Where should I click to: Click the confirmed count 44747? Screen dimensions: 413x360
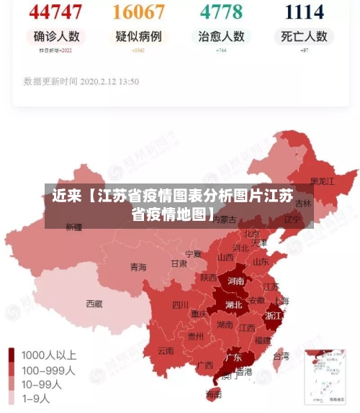56,12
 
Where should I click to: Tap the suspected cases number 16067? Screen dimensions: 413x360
138,12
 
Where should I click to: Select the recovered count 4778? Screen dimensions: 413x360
221,12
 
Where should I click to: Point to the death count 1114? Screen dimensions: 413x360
304,12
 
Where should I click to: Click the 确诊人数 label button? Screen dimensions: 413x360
56,36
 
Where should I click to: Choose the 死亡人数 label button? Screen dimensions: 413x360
304,36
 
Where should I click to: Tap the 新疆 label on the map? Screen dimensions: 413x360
74,227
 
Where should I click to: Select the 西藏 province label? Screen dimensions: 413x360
94,304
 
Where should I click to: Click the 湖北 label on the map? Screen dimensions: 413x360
233,304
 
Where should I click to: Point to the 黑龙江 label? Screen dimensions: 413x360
322,181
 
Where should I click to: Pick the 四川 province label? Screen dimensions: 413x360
180,304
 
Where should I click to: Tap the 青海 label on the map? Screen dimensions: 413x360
138,267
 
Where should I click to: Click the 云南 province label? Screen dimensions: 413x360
166,351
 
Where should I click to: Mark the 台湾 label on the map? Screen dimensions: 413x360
281,355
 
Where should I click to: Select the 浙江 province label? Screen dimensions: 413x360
273,316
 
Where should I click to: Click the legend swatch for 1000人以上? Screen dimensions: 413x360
12,355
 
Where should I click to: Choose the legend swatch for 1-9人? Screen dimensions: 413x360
12,398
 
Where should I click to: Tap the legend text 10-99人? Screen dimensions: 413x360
42,384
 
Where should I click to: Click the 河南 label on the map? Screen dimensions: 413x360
235,281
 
